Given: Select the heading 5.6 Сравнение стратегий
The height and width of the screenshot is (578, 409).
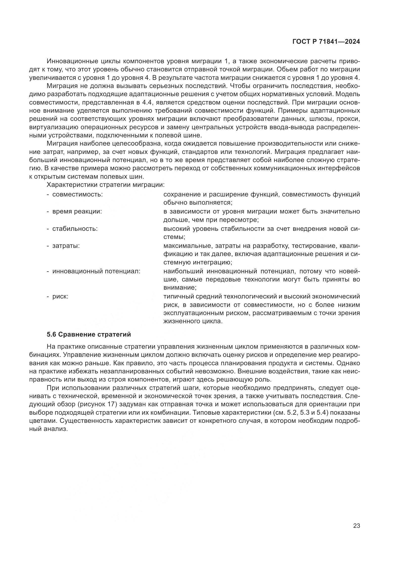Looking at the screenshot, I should [x=89, y=334].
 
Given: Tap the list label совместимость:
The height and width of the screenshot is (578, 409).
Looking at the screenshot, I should [x=77, y=194].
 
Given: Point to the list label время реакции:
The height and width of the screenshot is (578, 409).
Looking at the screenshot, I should [x=77, y=212].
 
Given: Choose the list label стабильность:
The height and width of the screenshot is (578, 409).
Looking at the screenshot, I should [x=75, y=229].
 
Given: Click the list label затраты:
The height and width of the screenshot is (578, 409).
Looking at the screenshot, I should [x=66, y=246].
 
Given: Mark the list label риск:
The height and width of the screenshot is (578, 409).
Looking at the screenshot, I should [x=60, y=297].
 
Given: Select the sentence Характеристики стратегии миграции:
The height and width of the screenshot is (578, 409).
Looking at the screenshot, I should [x=106, y=185].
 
